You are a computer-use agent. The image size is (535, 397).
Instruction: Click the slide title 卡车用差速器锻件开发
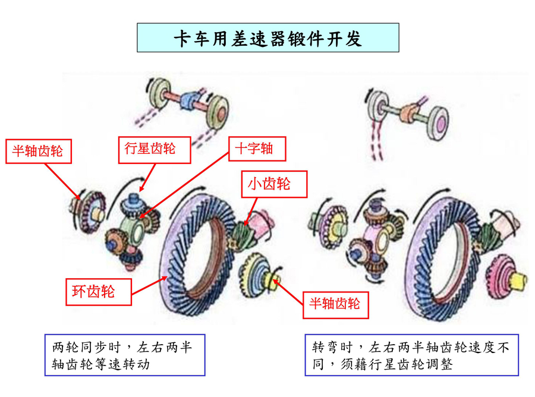click(x=267, y=38)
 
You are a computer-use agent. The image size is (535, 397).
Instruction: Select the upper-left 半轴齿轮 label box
click(x=38, y=151)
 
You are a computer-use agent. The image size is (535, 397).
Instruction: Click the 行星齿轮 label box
click(x=150, y=148)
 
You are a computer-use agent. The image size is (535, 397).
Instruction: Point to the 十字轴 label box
click(x=254, y=148)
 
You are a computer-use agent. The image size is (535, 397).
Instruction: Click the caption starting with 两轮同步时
click(x=124, y=355)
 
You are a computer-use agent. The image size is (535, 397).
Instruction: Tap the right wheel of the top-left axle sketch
click(x=218, y=111)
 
